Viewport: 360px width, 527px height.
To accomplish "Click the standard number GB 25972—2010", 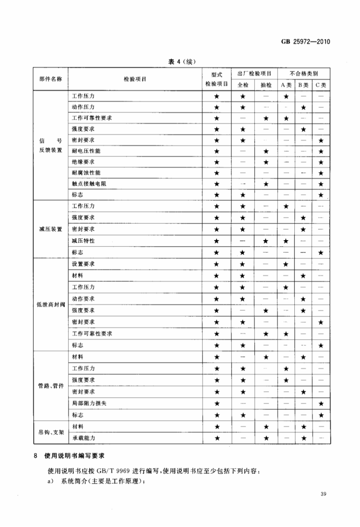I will pos(306,41).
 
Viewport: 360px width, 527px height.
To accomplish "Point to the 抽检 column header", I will pos(265,85).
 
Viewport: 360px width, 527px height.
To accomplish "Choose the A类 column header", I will pos(287,85).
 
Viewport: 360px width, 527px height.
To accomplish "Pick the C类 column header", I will pos(321,85).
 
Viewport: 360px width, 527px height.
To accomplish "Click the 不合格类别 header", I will pos(304,74).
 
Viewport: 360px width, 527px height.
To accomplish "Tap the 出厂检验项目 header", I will pos(255,74).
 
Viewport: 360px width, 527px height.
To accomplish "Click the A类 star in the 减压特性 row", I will pos(287,241).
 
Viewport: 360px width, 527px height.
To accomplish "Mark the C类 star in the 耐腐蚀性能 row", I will pos(321,173).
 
